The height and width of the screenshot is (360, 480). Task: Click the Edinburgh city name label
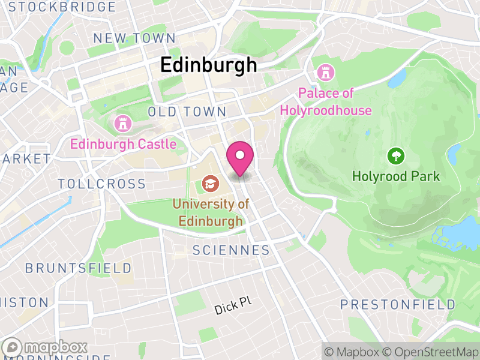(x=208, y=65)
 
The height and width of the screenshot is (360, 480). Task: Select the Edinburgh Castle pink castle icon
(x=122, y=124)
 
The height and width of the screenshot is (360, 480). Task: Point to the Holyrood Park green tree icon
(x=396, y=157)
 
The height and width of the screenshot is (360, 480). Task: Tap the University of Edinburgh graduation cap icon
(x=210, y=182)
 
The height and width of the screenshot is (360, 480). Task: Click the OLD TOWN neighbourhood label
(x=187, y=112)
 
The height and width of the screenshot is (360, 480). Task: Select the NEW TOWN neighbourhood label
(x=134, y=38)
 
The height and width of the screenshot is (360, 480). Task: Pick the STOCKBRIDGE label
(x=62, y=7)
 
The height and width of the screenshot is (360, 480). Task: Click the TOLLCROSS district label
(x=101, y=184)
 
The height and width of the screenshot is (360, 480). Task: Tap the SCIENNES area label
(x=231, y=250)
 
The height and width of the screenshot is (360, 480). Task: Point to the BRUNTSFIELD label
(x=78, y=268)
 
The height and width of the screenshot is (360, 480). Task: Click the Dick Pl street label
(x=233, y=307)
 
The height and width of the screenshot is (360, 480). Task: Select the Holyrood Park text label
(x=396, y=176)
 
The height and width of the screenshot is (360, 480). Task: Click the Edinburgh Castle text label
(x=123, y=144)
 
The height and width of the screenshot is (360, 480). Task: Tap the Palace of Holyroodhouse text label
(x=326, y=102)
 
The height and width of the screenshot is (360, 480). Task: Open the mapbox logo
(x=46, y=347)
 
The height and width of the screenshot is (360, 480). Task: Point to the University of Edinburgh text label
(x=211, y=212)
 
